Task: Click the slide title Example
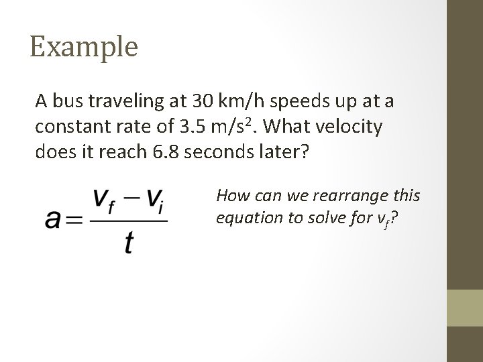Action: pyautogui.click(x=84, y=47)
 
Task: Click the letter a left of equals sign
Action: pyautogui.click(x=54, y=219)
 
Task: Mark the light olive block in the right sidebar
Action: pyautogui.click(x=465, y=307)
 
